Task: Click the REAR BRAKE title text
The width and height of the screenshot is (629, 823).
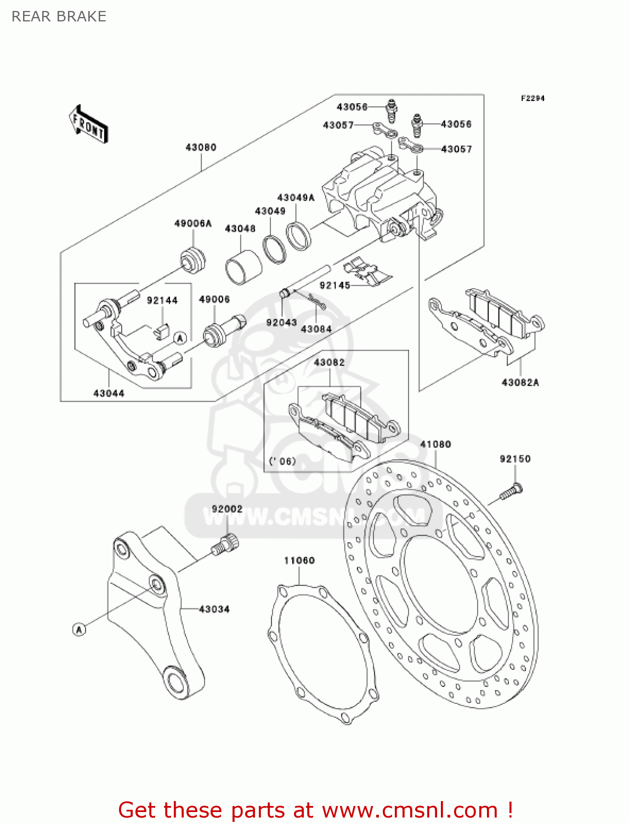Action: [x=59, y=16]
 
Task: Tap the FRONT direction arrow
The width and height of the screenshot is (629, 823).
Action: [x=88, y=125]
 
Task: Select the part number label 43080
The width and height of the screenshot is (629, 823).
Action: [x=201, y=147]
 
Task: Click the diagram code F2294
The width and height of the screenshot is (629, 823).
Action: [x=532, y=98]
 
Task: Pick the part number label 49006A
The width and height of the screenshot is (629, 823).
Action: [x=192, y=223]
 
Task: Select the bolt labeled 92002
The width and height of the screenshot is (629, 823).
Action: [x=225, y=544]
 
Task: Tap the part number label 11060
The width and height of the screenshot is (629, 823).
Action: [x=299, y=560]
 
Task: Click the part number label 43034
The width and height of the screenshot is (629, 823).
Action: [x=214, y=609]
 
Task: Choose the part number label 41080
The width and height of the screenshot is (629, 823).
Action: [x=435, y=444]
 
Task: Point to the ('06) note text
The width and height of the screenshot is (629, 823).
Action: [x=282, y=461]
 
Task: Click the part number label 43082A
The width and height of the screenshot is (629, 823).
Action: [x=520, y=382]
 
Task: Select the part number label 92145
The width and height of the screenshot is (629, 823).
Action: [x=335, y=285]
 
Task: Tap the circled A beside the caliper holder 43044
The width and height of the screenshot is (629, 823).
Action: [x=180, y=339]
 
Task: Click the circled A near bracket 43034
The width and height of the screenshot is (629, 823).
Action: [x=79, y=629]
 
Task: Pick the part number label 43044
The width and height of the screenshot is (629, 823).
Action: [x=109, y=393]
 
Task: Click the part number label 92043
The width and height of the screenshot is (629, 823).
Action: [x=281, y=323]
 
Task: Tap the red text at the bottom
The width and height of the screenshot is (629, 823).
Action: [x=315, y=810]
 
